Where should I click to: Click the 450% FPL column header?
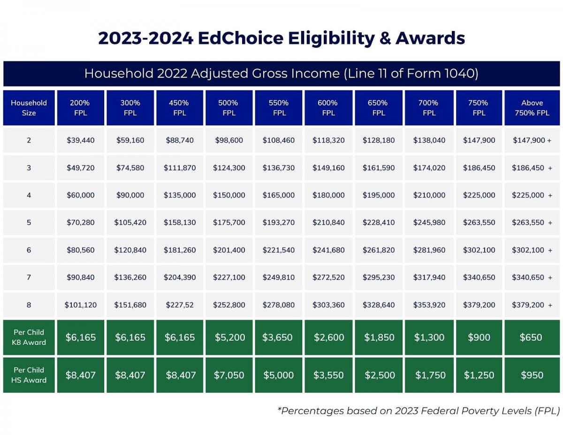coord(180,107)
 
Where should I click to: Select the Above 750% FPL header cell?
coord(532,107)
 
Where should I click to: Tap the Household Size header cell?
coord(29,107)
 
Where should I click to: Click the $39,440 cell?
coord(81,140)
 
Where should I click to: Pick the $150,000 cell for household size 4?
coord(229,195)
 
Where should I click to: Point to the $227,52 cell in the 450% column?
coord(180,305)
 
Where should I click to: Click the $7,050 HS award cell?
coord(229,375)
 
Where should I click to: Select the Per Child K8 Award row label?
coord(29,337)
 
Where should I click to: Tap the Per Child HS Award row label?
coord(29,375)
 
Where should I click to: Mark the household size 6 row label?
coord(29,250)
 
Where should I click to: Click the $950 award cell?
coord(532,375)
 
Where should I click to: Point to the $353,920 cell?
coord(429,305)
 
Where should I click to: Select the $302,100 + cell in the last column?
coord(532,250)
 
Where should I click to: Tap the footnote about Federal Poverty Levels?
coord(418,411)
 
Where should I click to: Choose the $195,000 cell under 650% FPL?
coord(379,195)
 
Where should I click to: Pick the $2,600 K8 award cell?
coord(329,337)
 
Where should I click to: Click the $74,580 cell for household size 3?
coord(130,168)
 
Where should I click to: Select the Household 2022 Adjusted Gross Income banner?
coord(281,74)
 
